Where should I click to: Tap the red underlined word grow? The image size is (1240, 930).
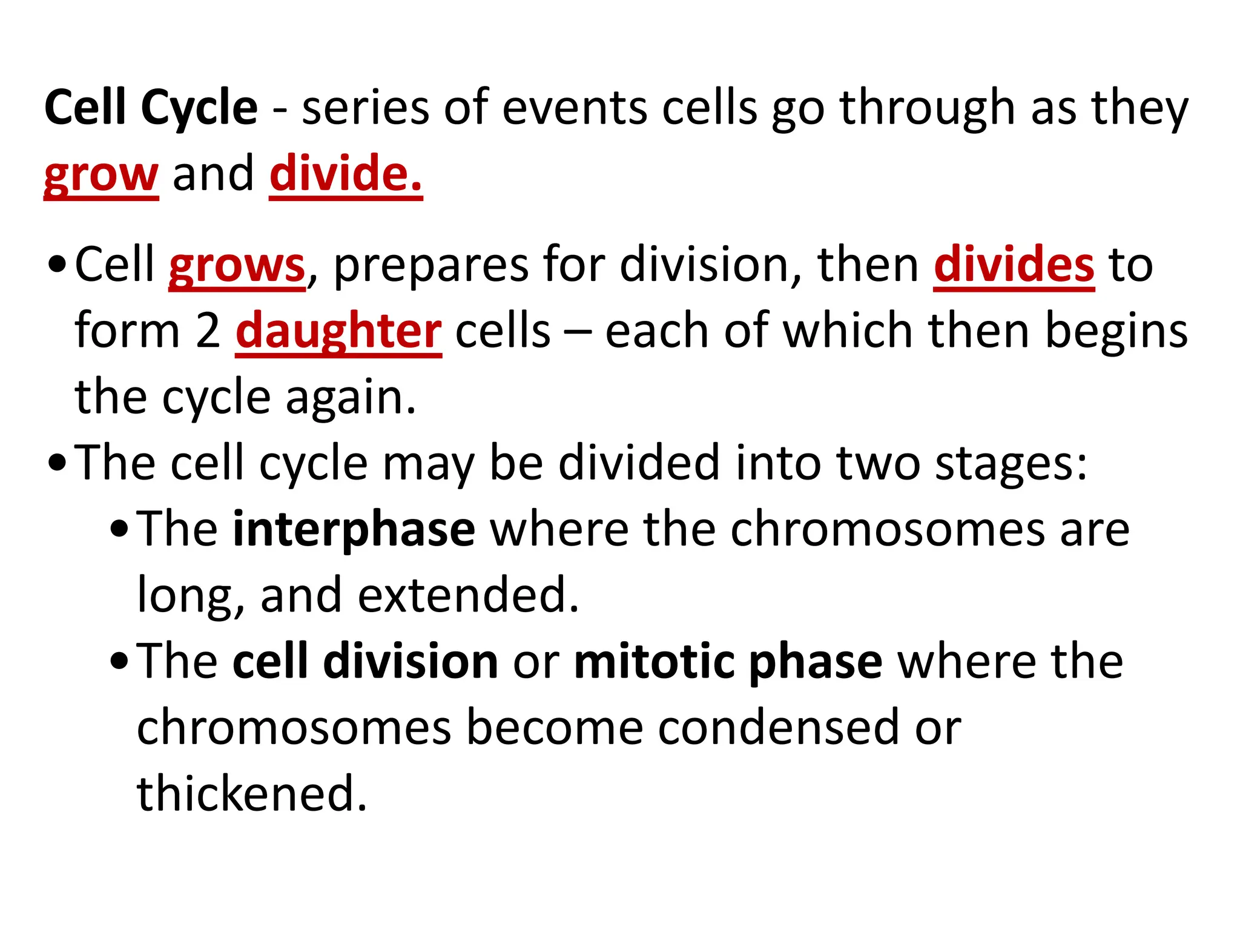[x=101, y=176]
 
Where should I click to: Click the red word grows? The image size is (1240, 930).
[x=237, y=266]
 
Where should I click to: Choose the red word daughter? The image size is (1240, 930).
[x=338, y=332]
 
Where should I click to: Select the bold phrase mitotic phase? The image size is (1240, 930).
[x=728, y=662]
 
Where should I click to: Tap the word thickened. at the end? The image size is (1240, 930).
[x=252, y=793]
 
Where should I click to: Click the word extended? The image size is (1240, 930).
[x=468, y=596]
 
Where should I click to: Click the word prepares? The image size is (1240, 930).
[x=430, y=266]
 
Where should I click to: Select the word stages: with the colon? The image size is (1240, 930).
[x=1011, y=464]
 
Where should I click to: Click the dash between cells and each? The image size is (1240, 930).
[x=578, y=333]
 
